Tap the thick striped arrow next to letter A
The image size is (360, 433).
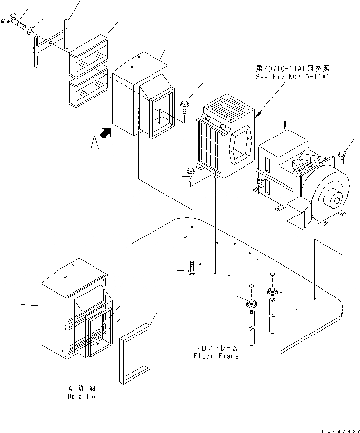(x=106, y=133)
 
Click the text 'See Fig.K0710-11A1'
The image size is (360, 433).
(x=292, y=77)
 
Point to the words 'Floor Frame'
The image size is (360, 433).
(x=217, y=356)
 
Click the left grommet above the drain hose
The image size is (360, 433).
(x=251, y=304)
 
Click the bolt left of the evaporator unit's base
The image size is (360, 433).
(x=190, y=175)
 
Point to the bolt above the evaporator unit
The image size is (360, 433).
(x=185, y=105)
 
